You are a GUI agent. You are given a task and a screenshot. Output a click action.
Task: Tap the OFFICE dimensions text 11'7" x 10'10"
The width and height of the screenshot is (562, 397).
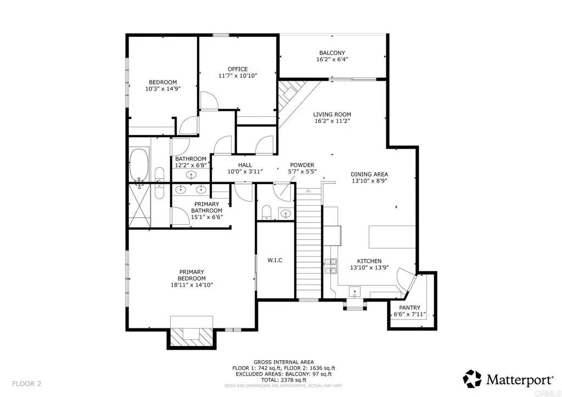[238, 76]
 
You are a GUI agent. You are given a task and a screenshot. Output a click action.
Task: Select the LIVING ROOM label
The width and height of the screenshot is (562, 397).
[332, 115]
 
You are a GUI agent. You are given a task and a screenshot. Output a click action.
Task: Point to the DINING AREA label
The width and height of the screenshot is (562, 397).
[369, 174]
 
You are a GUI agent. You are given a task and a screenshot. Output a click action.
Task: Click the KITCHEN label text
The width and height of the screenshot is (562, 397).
[369, 261]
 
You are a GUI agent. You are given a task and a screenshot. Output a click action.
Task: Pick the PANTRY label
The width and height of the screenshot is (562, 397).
[409, 308]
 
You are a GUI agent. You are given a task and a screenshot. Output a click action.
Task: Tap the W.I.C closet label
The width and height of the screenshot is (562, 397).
[275, 260]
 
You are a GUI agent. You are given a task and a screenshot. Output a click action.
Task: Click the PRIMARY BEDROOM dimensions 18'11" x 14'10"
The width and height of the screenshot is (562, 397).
[192, 285]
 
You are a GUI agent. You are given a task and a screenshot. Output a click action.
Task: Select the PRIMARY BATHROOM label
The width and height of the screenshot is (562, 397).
[207, 207]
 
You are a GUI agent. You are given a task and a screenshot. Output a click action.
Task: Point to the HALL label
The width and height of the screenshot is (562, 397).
[245, 165]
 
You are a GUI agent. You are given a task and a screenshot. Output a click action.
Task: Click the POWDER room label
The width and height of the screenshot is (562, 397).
[302, 165]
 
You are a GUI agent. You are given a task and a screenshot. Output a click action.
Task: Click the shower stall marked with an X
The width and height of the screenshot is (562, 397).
[140, 206]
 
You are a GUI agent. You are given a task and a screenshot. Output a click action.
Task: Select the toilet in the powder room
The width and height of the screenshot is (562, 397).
[266, 212]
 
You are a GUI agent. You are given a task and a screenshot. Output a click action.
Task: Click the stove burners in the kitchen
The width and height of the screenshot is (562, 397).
[331, 266]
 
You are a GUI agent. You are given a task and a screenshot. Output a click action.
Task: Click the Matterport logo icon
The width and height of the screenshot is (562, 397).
[473, 378]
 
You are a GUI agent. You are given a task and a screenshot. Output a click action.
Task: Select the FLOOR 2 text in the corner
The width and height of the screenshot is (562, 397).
[26, 383]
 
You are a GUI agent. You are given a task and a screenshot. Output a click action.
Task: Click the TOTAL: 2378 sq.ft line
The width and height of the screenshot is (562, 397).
[280, 379]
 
